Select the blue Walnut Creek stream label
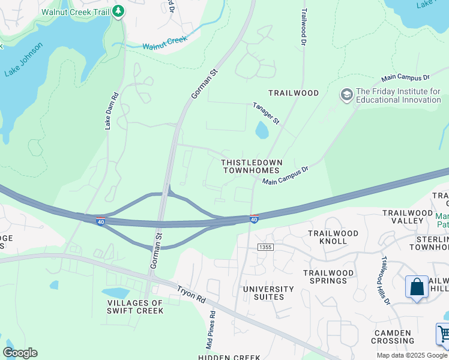[x=165, y=43]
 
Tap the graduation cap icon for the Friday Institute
[x=346, y=95]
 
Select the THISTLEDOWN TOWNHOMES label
[x=251, y=166]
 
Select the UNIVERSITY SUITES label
[x=268, y=293]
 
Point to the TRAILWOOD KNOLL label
[x=333, y=237]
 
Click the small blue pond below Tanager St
[x=262, y=130]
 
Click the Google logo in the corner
[x=20, y=353]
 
